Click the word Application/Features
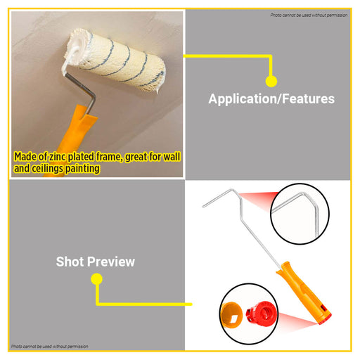tap(271, 99)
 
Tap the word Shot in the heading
tap(70, 262)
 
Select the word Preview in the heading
tap(111, 262)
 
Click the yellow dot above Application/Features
tap(271, 82)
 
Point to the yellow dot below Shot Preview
tap(96, 279)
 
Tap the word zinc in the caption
tap(57, 157)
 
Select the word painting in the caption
tap(82, 169)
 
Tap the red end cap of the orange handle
tap(326, 320)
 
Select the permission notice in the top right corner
tap(309, 15)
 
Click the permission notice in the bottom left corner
tap(50, 347)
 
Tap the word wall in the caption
tap(172, 157)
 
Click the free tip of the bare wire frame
tap(203, 207)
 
